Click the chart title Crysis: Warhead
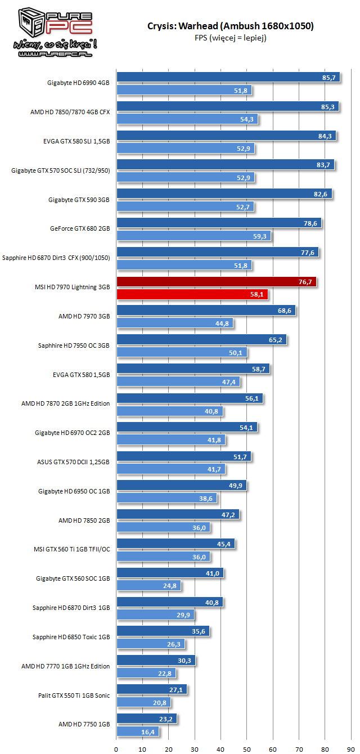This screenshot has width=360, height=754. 231,26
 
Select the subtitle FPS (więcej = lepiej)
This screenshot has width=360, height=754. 231,38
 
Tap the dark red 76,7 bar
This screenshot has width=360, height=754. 217,282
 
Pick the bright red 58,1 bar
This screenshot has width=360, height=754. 192,294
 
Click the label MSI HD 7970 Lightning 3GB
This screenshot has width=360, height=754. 73,288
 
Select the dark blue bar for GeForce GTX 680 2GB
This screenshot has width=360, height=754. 219,223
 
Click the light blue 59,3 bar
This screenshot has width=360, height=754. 194,236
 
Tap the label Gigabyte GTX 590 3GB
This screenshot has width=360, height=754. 79,200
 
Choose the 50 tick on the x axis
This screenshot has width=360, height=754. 247,749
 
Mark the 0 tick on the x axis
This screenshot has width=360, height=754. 116,749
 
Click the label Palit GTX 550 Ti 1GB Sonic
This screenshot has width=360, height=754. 74,695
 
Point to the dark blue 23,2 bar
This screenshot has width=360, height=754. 147,719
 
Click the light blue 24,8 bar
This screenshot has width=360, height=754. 149,586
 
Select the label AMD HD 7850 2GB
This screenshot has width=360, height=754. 84,520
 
